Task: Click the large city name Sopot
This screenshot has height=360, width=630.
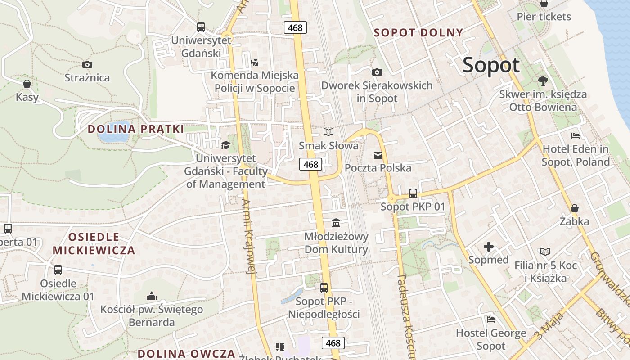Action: (491, 66)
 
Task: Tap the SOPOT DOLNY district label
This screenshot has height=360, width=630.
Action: (418, 32)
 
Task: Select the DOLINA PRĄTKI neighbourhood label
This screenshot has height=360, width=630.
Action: (135, 129)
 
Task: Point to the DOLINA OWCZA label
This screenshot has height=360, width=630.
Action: (186, 353)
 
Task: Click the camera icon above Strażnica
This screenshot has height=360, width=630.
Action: (87, 65)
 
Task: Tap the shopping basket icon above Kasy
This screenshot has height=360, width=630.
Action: (27, 84)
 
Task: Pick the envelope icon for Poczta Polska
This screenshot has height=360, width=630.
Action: (378, 155)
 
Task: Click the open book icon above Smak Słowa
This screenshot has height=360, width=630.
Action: (328, 132)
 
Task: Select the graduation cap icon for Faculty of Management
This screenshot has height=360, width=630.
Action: (225, 145)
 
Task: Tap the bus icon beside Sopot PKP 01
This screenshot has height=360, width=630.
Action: (413, 193)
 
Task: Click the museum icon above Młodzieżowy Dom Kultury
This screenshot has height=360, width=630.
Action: (336, 223)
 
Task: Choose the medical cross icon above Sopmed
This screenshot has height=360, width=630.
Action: (488, 247)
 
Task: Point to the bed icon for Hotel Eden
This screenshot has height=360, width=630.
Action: (575, 135)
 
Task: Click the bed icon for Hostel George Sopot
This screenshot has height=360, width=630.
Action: (491, 319)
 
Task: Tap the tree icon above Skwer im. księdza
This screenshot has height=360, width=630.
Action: (543, 81)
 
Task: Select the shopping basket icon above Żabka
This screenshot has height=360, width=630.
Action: (574, 208)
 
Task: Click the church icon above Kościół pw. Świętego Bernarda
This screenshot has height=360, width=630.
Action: (151, 296)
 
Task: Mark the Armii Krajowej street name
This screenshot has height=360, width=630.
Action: (249, 237)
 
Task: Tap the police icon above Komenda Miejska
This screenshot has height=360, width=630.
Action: (254, 61)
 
